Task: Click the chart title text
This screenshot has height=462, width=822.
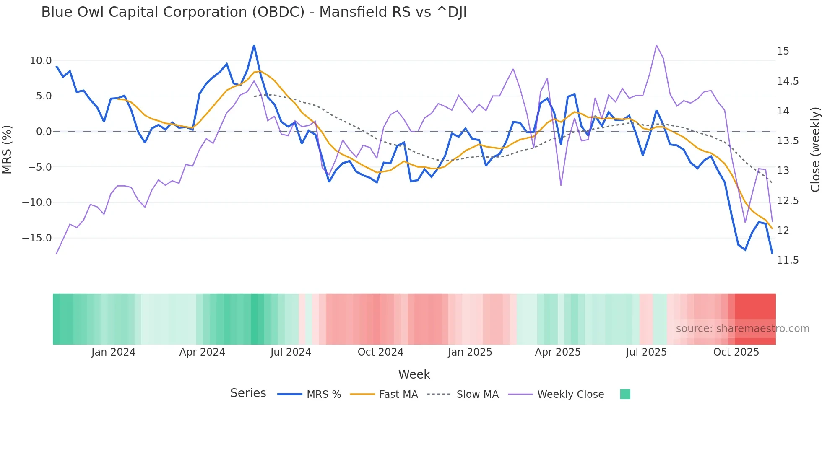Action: coord(254,12)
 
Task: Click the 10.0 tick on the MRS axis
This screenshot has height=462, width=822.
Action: coord(41,61)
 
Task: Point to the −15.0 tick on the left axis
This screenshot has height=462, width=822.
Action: coord(37,238)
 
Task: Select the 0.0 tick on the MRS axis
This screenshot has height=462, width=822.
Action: coord(44,132)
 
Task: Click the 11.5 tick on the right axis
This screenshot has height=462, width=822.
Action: coord(788,260)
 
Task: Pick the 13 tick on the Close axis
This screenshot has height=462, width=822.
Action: coord(783,171)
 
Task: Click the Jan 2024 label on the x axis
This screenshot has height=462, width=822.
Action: coord(113,352)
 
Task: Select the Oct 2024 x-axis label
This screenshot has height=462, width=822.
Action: coord(380,352)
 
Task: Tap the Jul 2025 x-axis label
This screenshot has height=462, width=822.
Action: coord(646,352)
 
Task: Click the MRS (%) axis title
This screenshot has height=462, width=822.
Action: coord(7,150)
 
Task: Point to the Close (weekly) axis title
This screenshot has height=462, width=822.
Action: coord(815,150)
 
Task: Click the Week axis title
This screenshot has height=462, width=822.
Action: coord(414,374)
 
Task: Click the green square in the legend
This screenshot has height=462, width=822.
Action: coord(625,394)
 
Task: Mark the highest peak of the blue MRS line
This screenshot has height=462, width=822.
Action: coord(254,46)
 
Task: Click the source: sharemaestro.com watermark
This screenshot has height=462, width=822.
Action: coord(742,329)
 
